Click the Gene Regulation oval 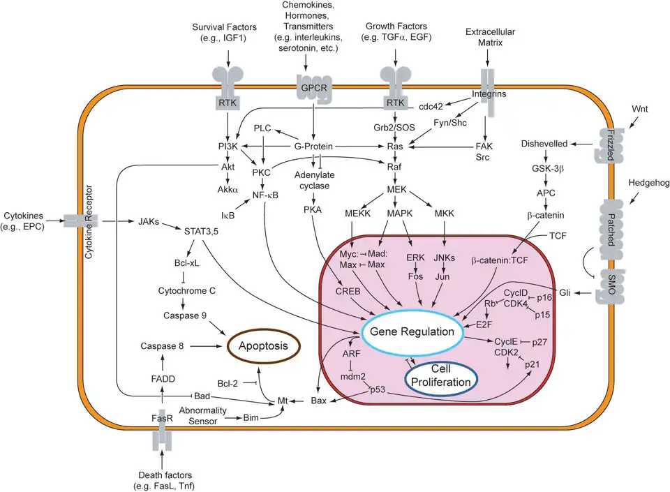[x=412, y=331]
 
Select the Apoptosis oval [x=260, y=345]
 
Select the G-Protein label [x=313, y=147]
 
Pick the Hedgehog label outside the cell [x=648, y=183]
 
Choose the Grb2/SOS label [x=396, y=128]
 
